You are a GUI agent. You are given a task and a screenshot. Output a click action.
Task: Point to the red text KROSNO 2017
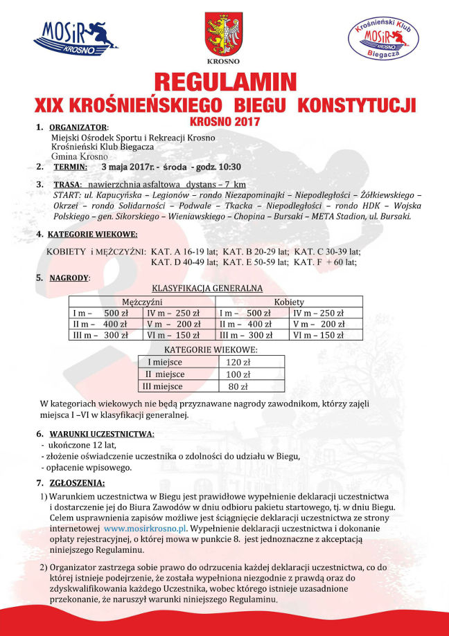pos(224,122)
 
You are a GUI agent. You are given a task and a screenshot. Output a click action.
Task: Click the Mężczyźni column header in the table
pos(142,302)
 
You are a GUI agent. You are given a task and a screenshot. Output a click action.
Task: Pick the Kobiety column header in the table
pos(289,302)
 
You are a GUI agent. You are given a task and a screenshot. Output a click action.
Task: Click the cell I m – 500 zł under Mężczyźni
pos(100,313)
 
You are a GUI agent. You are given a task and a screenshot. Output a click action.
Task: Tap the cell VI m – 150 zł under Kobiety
pos(319,335)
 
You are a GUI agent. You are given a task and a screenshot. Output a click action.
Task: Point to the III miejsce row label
pos(162,386)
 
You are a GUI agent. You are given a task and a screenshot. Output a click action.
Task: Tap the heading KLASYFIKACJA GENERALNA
pos(206,288)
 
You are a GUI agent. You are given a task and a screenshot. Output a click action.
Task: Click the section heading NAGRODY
pos(69,278)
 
